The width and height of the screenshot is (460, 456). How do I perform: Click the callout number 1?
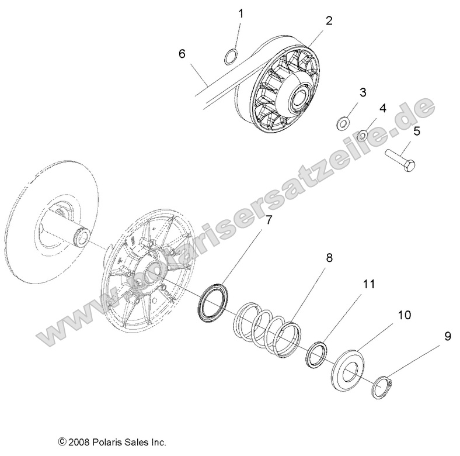click(242, 12)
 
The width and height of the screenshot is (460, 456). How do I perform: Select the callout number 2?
click(329, 20)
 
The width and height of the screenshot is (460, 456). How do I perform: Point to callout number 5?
click(417, 131)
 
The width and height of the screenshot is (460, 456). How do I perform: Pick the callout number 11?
click(367, 285)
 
